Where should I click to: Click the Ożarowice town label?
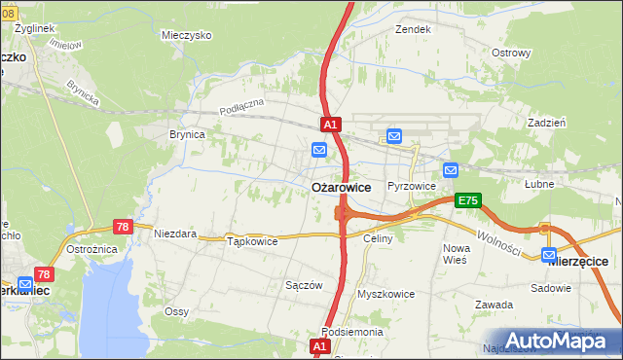tap(340, 187)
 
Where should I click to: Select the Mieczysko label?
tap(187, 34)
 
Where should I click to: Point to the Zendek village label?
tap(413, 29)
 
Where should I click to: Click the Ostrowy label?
tap(511, 52)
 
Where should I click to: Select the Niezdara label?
tap(175, 234)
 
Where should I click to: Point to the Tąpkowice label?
tap(252, 241)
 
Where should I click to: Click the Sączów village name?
tap(303, 285)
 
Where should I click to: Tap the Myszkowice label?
tap(386, 294)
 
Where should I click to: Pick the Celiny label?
tap(378, 238)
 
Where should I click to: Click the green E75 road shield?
tap(467, 200)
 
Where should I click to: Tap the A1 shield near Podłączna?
tap(331, 125)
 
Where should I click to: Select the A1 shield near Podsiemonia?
tap(320, 346)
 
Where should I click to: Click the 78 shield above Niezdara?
tap(124, 227)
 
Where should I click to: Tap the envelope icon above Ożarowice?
tap(319, 150)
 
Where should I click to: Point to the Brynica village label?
tap(187, 135)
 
